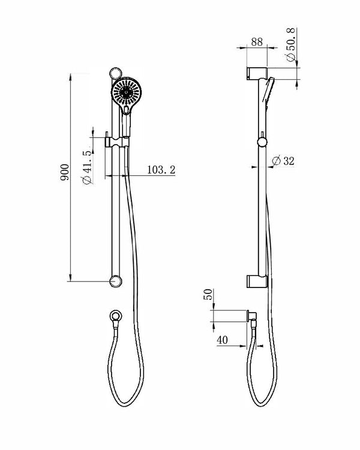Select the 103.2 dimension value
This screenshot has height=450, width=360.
pos(161,170)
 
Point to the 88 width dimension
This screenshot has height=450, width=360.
pos(257,41)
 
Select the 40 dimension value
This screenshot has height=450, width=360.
pos(223,340)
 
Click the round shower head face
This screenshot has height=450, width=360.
pos(127,92)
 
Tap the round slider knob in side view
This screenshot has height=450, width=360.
pos(262,142)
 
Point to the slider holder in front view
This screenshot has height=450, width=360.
pos(116,142)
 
